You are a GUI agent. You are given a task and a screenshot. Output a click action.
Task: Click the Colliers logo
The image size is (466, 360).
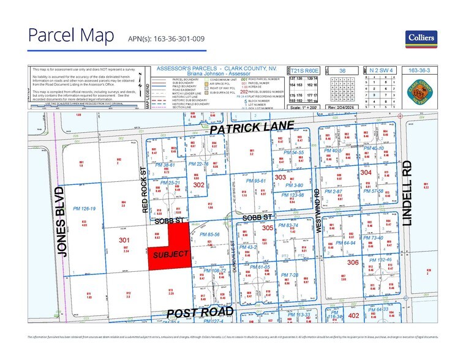(x=421, y=38)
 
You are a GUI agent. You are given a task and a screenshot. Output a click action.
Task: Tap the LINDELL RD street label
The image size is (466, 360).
(x=408, y=193)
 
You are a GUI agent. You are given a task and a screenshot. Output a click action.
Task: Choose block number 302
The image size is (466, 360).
(x=198, y=184)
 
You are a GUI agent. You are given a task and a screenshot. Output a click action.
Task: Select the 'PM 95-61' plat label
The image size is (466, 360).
(x=255, y=181)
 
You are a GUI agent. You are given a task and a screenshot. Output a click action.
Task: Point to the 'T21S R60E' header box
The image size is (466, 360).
(x=305, y=71)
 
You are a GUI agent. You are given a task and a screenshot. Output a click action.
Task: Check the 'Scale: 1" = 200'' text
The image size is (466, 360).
(x=306, y=108)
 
